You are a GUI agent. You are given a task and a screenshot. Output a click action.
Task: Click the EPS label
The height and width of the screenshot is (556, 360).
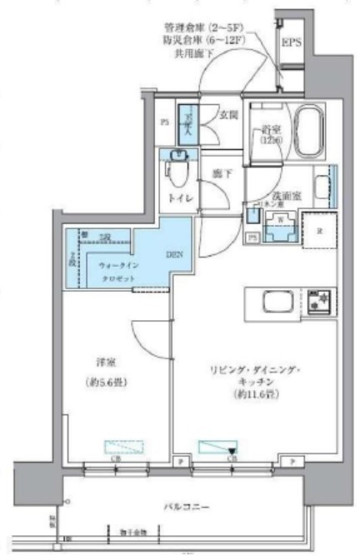292,43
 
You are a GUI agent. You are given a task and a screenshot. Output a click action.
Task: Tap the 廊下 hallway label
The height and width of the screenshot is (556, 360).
220,174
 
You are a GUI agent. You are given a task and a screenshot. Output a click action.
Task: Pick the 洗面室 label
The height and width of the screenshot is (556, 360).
297,193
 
